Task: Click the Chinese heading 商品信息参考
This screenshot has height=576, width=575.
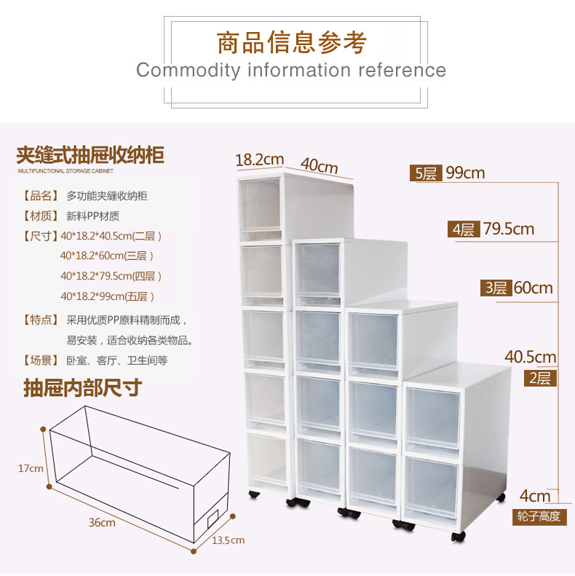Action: click(x=291, y=42)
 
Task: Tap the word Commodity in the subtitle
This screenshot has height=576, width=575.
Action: click(x=187, y=71)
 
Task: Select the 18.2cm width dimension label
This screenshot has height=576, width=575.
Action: click(x=259, y=159)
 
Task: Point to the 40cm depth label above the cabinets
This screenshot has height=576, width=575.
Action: click(x=320, y=165)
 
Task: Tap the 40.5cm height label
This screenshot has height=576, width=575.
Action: click(x=530, y=357)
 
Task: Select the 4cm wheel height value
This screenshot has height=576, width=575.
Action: click(x=535, y=497)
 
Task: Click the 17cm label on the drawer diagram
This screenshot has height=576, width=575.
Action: click(x=31, y=468)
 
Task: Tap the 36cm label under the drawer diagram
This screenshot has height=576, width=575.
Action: click(x=103, y=523)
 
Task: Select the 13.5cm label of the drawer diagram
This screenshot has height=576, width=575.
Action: click(x=229, y=540)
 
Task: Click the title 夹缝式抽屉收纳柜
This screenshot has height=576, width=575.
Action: click(x=90, y=155)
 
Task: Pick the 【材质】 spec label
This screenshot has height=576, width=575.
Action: click(x=41, y=216)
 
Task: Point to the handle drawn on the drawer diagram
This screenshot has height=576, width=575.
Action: click(x=213, y=518)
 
